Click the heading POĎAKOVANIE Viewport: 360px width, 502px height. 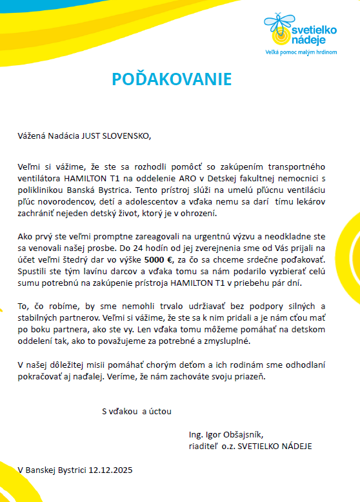pyautogui.click(x=171, y=79)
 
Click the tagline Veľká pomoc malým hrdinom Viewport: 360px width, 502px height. pyautogui.click(x=302, y=51)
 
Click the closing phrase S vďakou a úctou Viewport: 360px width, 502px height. pyautogui.click(x=137, y=410)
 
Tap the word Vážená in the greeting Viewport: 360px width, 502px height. pyautogui.click(x=32, y=136)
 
